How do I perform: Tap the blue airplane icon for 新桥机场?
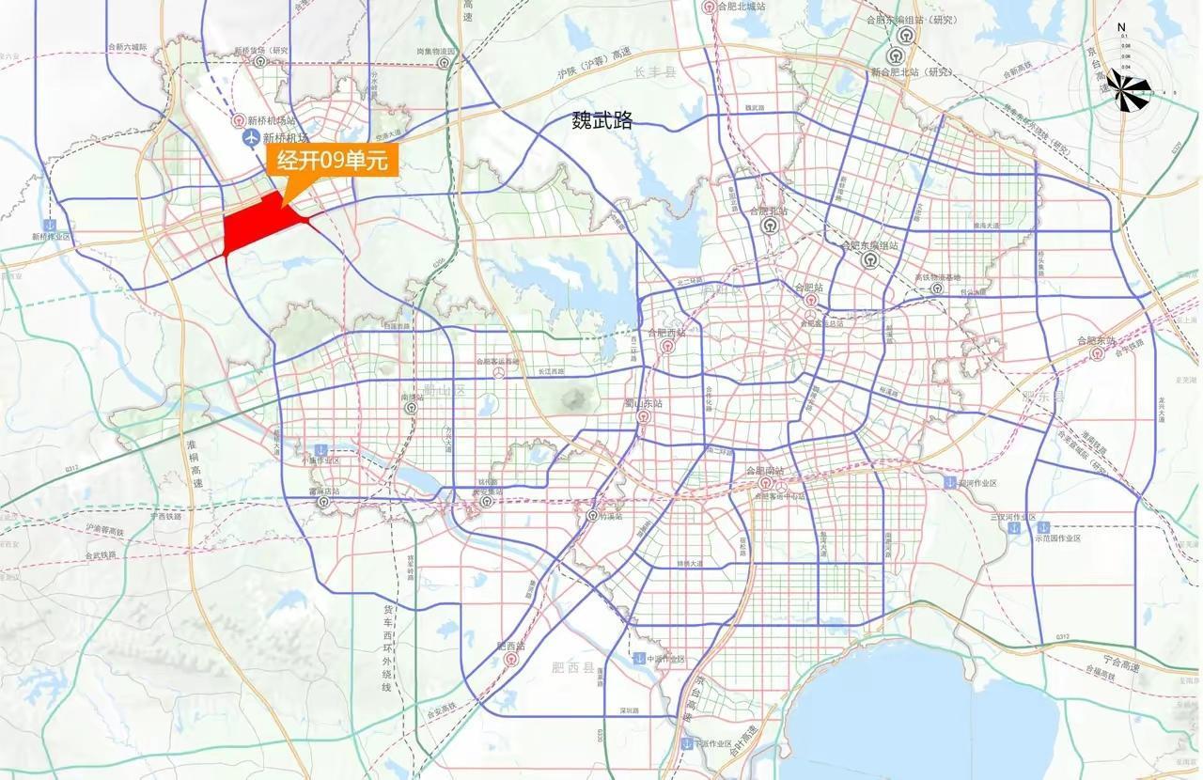(251, 139)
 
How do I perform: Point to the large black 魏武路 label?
(602, 120)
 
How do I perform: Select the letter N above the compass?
(1121, 27)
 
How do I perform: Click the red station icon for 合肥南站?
(766, 484)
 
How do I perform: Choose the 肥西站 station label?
(510, 647)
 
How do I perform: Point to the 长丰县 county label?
(655, 72)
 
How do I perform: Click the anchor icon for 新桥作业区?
(49, 225)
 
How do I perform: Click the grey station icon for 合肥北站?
(770, 226)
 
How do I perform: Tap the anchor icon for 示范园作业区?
(1042, 527)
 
